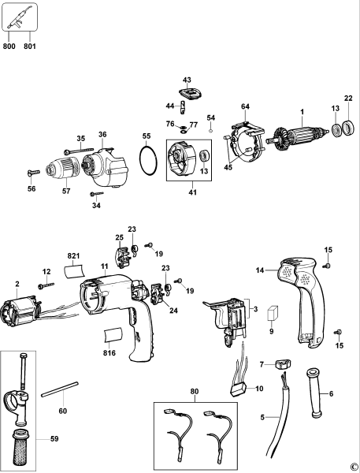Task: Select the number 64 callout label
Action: (245, 106)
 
